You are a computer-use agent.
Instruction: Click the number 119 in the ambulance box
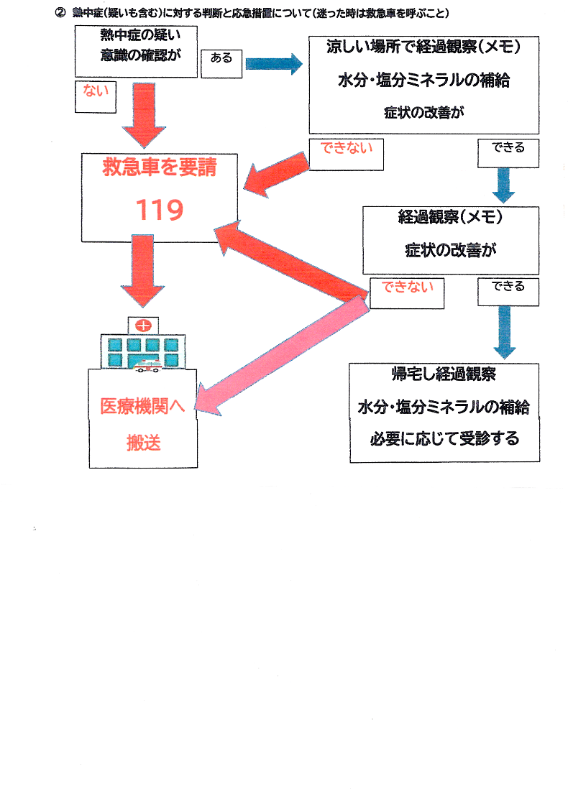coord(160,210)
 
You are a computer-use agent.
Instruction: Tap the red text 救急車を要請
coord(160,169)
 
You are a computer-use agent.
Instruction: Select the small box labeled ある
coord(221,62)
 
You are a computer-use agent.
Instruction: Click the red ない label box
coord(96,96)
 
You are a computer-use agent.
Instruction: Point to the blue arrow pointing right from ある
coord(273,63)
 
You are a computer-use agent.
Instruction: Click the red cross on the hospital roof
coord(144,326)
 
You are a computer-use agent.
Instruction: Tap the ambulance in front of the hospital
coord(148,366)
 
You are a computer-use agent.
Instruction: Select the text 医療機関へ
coord(142,406)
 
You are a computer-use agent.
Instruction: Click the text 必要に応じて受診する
coord(444,438)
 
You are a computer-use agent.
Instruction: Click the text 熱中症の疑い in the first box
coord(136,35)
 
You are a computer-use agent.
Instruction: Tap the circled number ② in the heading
coord(60,13)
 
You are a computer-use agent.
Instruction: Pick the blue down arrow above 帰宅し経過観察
coord(506,331)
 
